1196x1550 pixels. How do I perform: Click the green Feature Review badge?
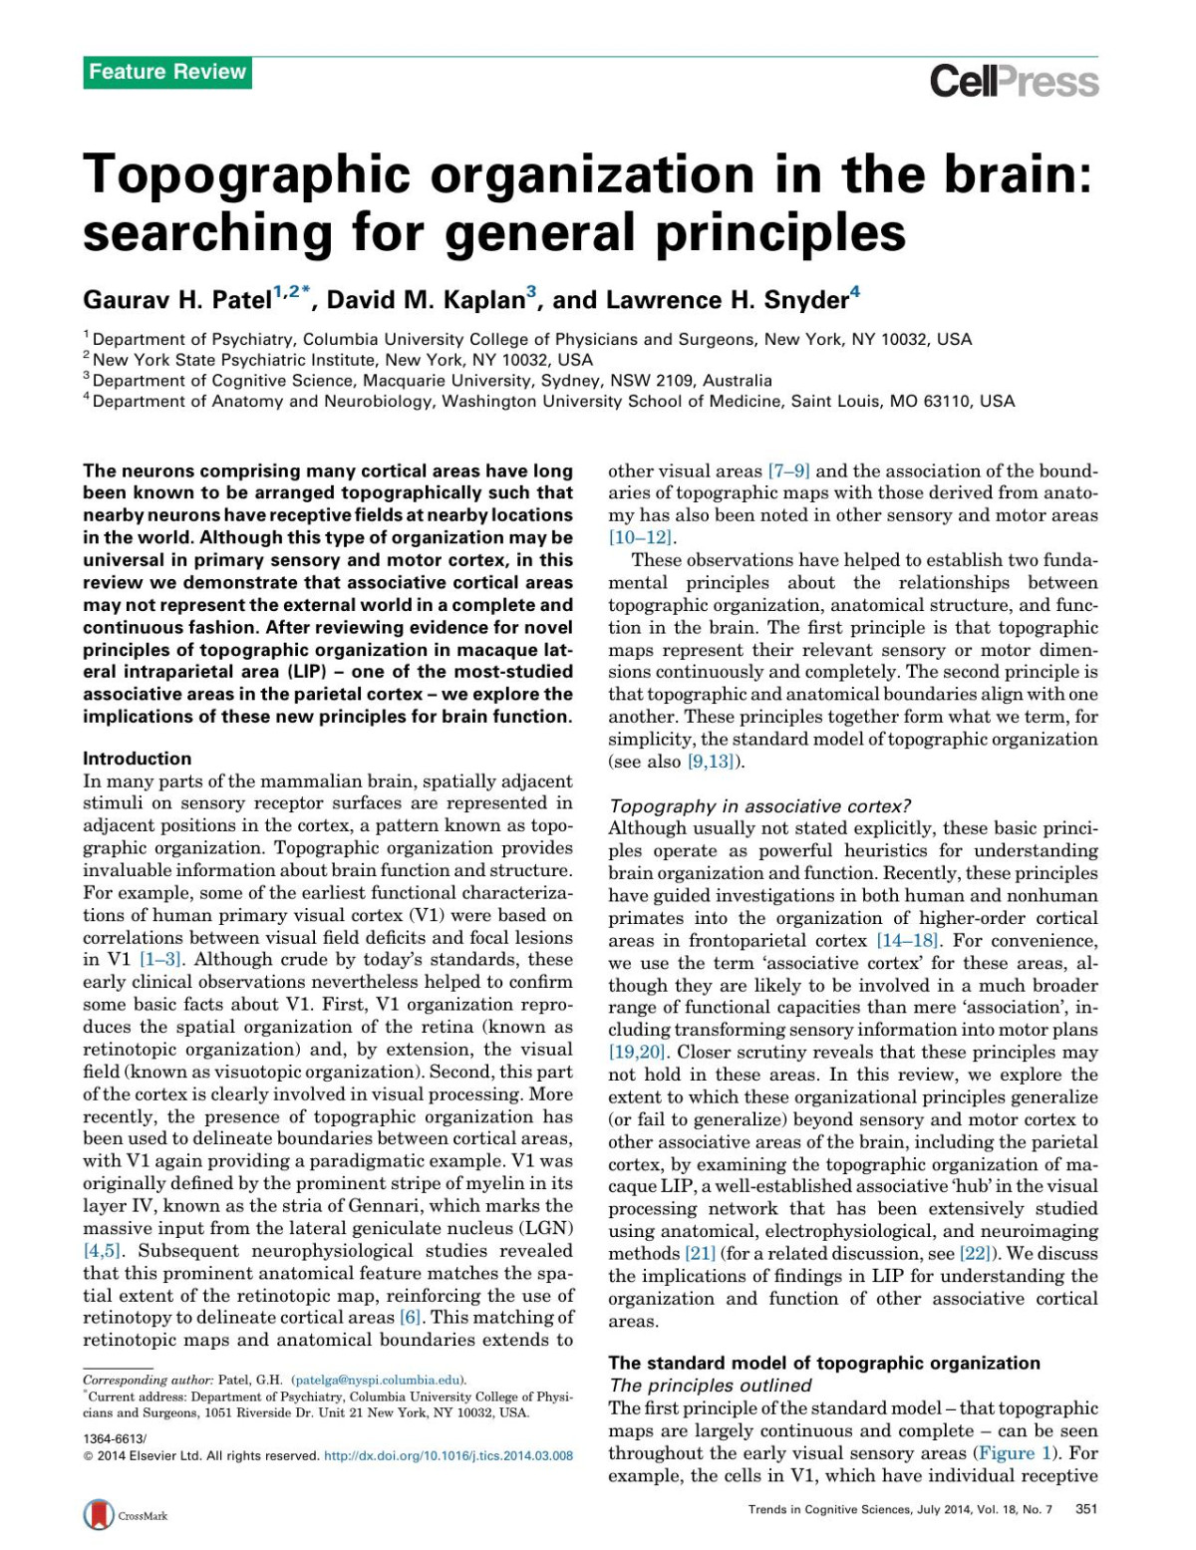tap(166, 72)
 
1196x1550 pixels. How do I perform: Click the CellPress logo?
tap(1014, 81)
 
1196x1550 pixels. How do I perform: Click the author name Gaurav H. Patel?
tap(176, 300)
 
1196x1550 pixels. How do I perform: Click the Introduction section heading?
tap(137, 759)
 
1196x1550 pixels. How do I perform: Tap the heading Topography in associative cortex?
tap(759, 805)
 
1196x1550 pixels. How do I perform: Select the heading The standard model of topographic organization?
tap(824, 1363)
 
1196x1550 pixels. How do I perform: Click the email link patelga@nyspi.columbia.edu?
tap(378, 1381)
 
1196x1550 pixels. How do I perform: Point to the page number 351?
tap(1086, 1509)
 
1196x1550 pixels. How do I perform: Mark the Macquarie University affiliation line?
tap(432, 380)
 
